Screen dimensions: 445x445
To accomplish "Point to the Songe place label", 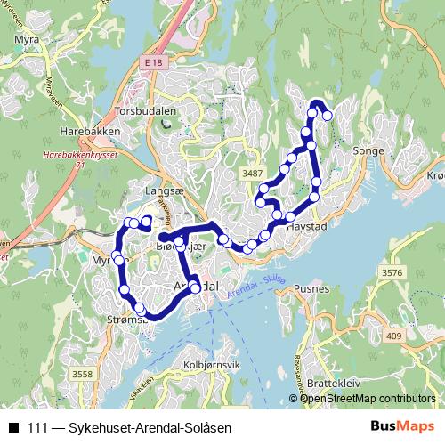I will (x=368, y=152).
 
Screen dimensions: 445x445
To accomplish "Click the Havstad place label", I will (x=310, y=227).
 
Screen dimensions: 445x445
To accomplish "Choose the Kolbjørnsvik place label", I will (x=211, y=365).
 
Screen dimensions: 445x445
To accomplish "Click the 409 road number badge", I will (x=395, y=336).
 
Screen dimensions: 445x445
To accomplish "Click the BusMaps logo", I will (x=402, y=427).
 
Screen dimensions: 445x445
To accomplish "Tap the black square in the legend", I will (x=13, y=428).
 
